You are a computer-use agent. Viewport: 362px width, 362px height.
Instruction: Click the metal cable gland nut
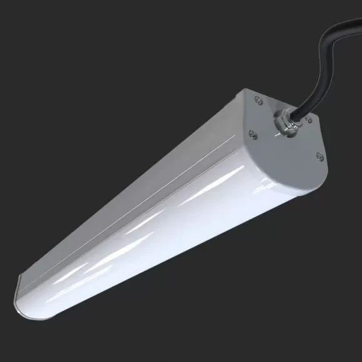pyautogui.click(x=285, y=123)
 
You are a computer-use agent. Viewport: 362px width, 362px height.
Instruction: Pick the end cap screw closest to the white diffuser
pyautogui.click(x=252, y=132)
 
